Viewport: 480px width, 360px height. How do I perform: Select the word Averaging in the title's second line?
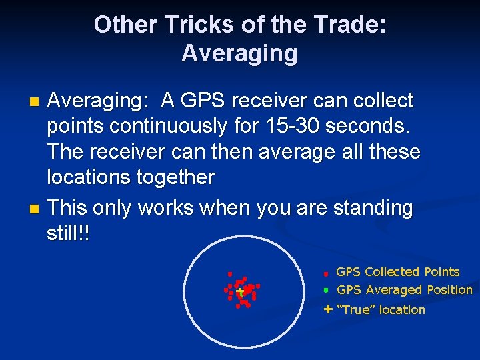(239, 53)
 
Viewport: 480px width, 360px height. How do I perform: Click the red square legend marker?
(326, 273)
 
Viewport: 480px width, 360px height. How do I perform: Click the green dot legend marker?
(326, 291)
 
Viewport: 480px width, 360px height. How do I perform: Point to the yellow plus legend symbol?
(327, 309)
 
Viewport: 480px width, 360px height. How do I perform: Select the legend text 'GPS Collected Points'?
(397, 272)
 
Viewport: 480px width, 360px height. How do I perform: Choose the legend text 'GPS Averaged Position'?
(404, 290)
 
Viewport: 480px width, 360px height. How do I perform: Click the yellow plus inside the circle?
(239, 291)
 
